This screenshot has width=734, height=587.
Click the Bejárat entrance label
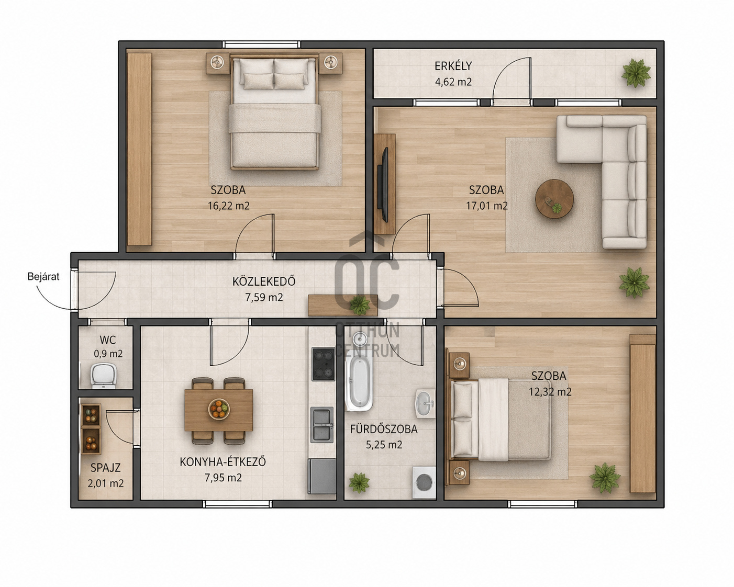[43, 276]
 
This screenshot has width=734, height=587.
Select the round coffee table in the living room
[554, 199]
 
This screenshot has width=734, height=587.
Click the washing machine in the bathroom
[424, 482]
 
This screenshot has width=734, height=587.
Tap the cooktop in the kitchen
[323, 364]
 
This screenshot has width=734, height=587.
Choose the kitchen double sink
[321, 424]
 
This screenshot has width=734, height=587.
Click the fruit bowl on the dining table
[219, 409]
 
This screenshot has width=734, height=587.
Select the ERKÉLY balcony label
[453, 66]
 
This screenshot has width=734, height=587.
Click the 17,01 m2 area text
[487, 206]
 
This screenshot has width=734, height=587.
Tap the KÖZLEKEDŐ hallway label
[264, 281]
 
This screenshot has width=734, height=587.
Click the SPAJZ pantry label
[105, 468]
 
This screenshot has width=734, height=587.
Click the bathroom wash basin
[425, 403]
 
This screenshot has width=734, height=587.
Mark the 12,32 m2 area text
[550, 392]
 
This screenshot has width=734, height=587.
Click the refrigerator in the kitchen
[322, 476]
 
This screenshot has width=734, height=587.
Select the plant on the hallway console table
[359, 304]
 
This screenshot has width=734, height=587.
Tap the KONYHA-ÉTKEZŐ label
[223, 462]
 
